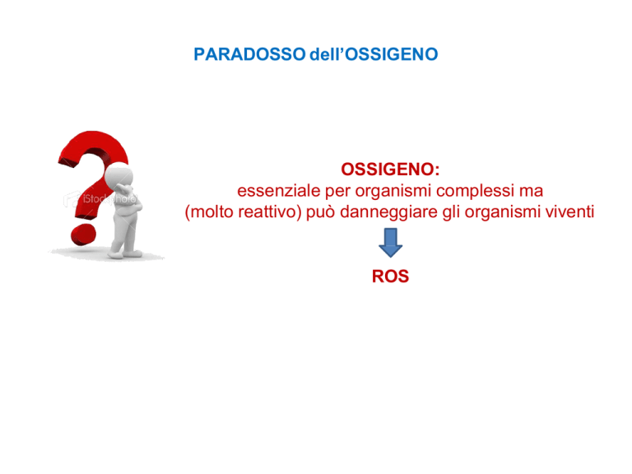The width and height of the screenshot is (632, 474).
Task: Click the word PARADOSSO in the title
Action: (249, 54)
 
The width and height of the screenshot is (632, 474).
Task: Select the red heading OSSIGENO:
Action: (390, 170)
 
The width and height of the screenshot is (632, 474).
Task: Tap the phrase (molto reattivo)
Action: (243, 212)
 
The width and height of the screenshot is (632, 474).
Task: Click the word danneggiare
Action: (388, 212)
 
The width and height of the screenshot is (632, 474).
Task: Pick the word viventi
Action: (570, 212)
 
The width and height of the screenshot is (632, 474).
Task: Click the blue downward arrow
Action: (390, 243)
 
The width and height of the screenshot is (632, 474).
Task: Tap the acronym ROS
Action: (390, 276)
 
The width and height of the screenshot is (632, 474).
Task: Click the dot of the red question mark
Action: (83, 235)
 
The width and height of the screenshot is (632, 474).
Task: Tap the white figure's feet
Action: (124, 254)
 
